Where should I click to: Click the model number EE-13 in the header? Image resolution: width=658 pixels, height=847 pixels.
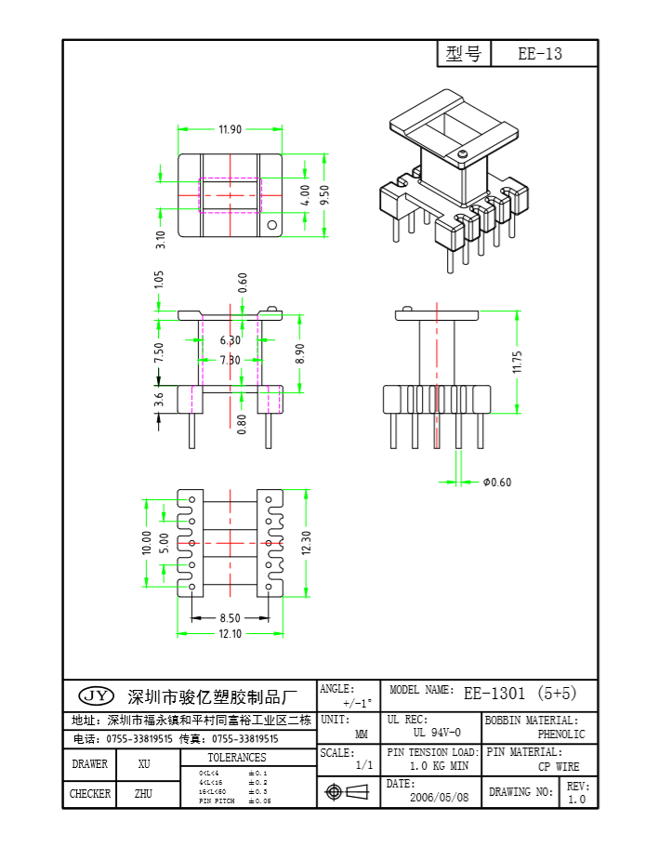pos(540,54)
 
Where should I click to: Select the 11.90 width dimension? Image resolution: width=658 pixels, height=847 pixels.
pos(230,129)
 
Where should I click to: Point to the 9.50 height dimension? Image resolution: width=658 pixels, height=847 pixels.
pos(324,195)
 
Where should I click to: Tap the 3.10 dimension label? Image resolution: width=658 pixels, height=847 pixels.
pos(160,240)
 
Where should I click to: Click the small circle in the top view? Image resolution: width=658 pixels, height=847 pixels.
pos(272,225)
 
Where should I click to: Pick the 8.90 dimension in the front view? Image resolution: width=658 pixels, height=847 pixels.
pos(301,354)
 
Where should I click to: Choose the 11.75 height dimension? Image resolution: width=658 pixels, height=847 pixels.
pos(518,362)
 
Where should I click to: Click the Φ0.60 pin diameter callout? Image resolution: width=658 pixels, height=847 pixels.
pos(497,482)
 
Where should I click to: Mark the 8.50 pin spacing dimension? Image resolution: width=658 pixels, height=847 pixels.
pos(230,617)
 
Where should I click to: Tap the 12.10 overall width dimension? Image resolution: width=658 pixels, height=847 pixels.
pos(230,634)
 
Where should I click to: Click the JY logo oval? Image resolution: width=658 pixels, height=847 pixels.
pos(96,695)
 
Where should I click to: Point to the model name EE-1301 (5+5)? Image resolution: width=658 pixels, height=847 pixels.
pos(520,693)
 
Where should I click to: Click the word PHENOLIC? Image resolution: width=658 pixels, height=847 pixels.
pos(561,735)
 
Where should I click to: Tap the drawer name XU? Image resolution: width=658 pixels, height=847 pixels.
pos(144,764)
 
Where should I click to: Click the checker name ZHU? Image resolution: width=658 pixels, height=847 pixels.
pos(143,794)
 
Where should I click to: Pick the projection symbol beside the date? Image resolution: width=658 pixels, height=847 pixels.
pos(348,792)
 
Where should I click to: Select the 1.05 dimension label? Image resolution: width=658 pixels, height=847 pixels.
pos(159,279)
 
